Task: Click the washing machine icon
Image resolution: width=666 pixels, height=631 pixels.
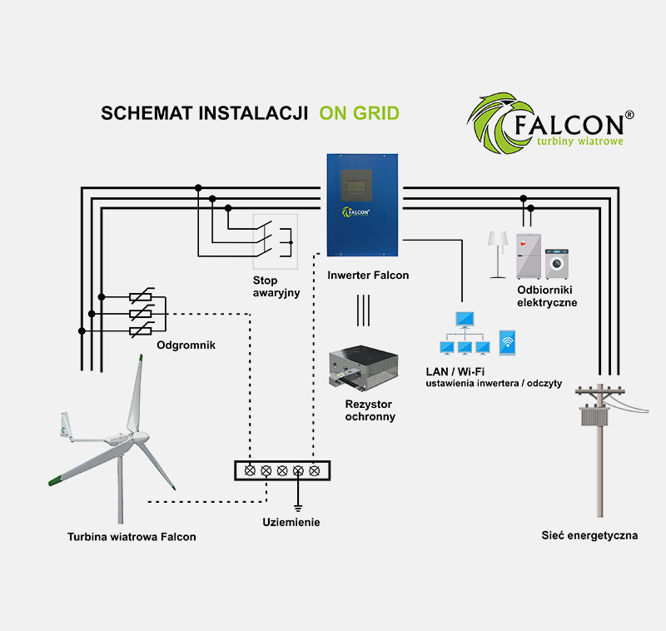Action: coord(555,261)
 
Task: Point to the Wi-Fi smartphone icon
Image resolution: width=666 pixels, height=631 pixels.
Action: coord(507,342)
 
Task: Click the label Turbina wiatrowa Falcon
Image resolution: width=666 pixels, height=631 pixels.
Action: coord(132,537)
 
